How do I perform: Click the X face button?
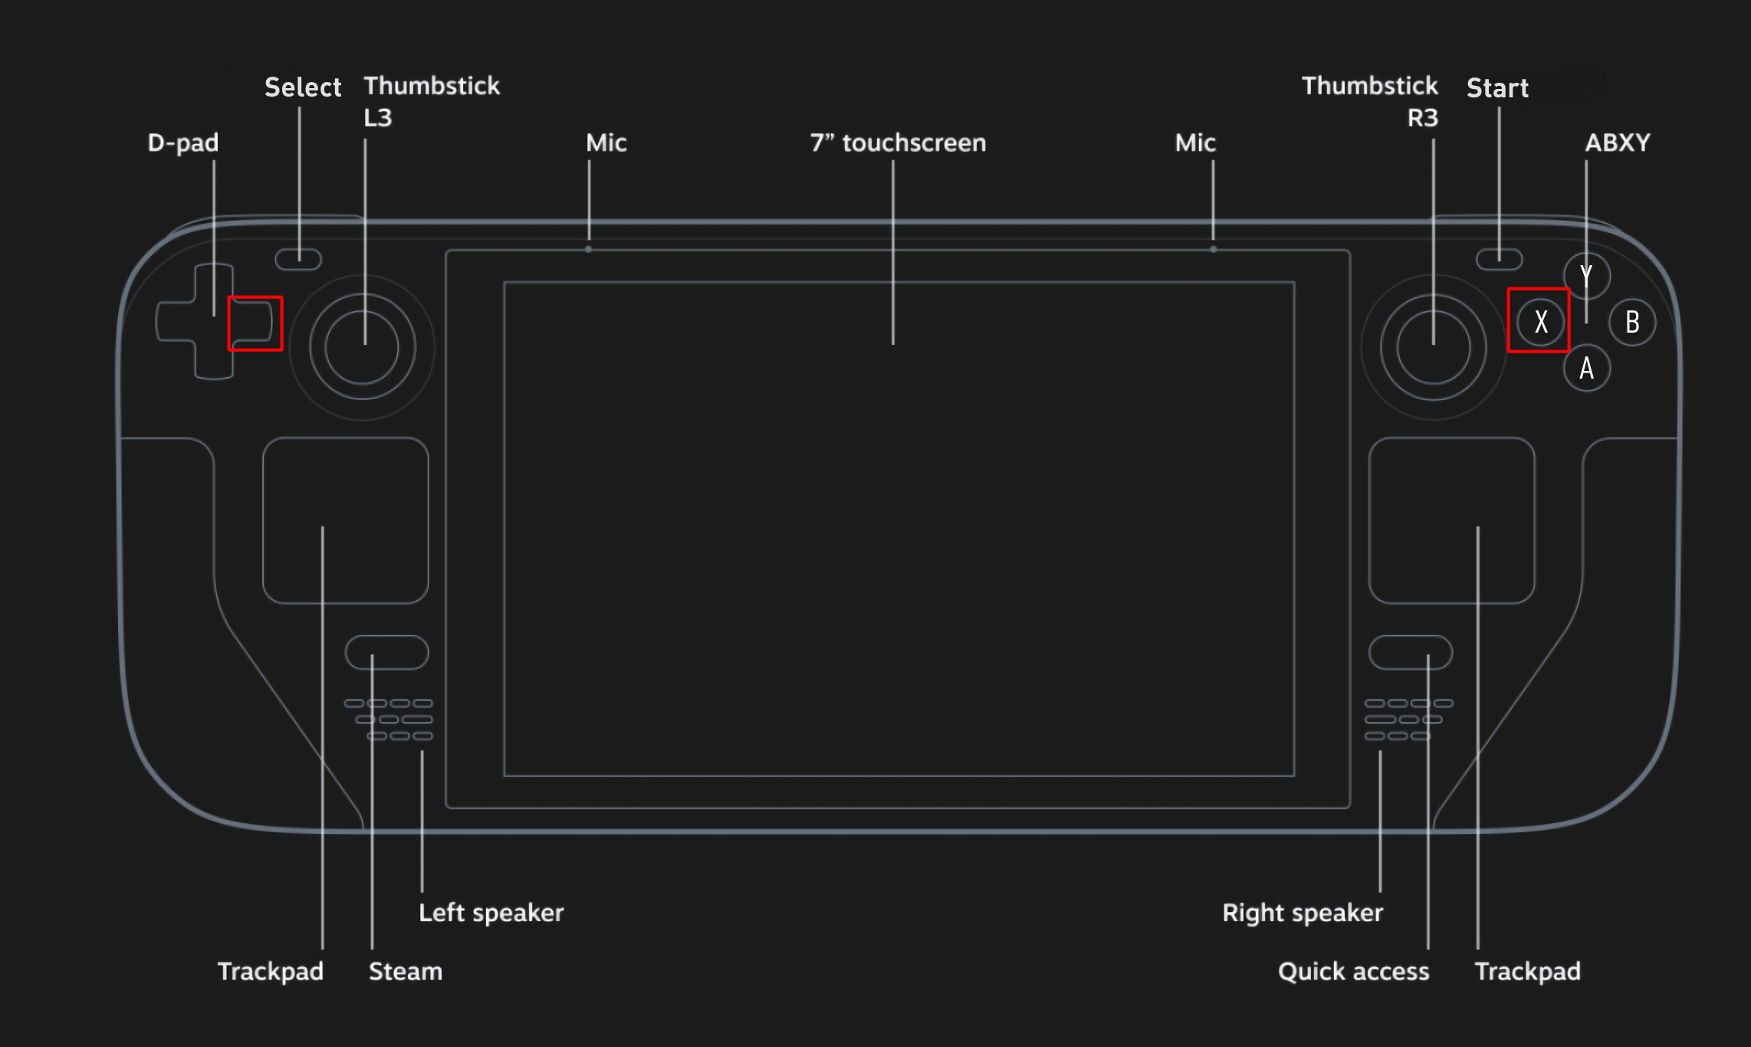[1540, 322]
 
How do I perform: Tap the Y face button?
[1586, 276]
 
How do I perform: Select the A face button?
[1586, 368]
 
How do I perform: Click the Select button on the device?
[298, 259]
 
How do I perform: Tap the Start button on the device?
[1500, 259]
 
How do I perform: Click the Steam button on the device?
[387, 652]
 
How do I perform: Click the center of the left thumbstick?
[362, 347]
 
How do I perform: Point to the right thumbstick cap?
[1434, 347]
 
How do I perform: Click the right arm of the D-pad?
[252, 322]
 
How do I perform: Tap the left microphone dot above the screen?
[588, 249]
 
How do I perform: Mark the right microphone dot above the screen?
[1213, 249]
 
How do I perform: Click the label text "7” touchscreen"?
[898, 143]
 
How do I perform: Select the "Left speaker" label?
[491, 913]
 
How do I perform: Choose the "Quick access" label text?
[1354, 971]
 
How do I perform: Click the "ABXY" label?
[1618, 143]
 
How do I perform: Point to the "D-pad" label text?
[183, 143]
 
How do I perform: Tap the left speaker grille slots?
[389, 720]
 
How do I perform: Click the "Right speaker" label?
[1303, 913]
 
